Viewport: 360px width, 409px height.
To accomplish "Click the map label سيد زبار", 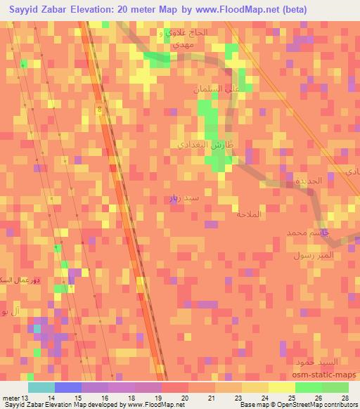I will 184,200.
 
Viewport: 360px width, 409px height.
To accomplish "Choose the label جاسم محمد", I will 307,232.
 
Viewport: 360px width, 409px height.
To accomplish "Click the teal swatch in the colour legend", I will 41,387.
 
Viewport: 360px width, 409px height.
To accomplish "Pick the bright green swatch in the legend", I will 308,387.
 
